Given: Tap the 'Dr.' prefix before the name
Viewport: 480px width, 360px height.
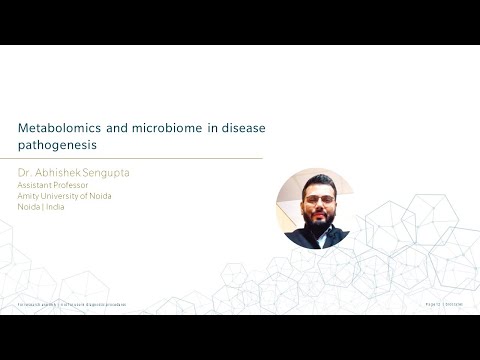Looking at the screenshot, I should (25, 173).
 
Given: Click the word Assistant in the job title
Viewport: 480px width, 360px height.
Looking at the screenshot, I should (36, 185).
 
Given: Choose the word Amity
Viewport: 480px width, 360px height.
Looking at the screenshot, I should (29, 196).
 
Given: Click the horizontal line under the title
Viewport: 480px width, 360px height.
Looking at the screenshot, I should (140, 158).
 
